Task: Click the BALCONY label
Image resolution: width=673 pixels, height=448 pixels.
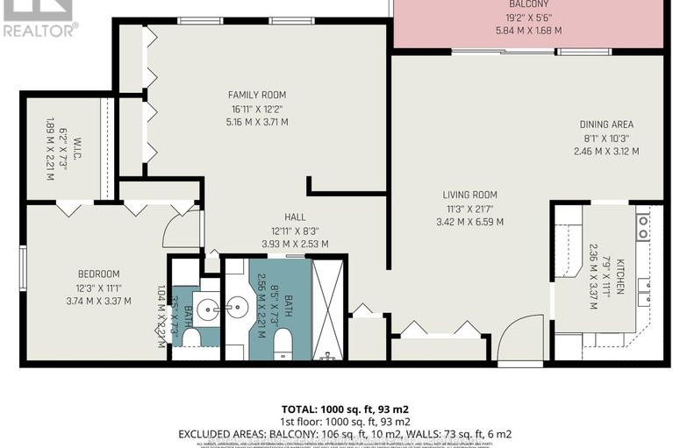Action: click(x=528, y=4)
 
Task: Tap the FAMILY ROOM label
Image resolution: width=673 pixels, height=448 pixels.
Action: click(x=257, y=95)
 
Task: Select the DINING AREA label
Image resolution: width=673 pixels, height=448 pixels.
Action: click(x=605, y=124)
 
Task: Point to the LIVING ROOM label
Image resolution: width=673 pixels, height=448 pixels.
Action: click(x=470, y=195)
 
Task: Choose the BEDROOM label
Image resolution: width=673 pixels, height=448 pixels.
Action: click(x=97, y=274)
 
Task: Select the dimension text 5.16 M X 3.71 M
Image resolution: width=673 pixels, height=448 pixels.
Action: click(x=257, y=122)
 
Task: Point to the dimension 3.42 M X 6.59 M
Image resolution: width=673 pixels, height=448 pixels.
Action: click(x=470, y=222)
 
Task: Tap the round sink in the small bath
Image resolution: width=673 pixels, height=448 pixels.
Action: click(x=206, y=309)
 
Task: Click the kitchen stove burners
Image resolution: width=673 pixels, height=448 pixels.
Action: click(x=643, y=227)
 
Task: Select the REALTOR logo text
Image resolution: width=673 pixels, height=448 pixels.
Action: click(x=40, y=29)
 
